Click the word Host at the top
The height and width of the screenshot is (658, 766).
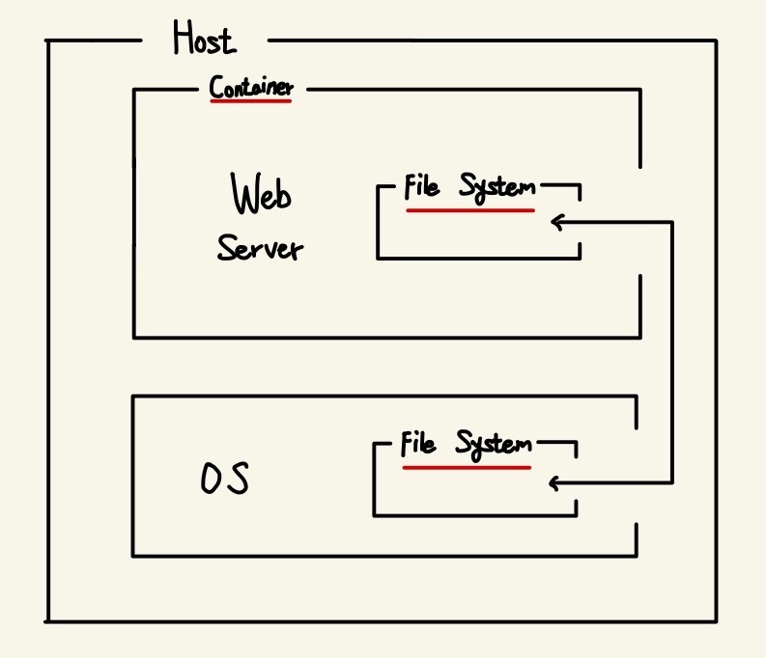(203, 39)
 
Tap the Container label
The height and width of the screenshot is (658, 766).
(251, 88)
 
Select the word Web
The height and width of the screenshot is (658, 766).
(262, 196)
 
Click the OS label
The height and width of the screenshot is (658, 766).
(224, 479)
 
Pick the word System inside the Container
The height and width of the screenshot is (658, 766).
(496, 187)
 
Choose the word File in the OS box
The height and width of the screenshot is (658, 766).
(417, 445)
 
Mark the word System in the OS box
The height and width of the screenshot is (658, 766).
(494, 446)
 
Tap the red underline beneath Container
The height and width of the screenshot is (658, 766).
(250, 100)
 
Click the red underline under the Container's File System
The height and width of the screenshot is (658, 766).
(470, 209)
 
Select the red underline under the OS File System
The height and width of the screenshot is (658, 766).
(467, 468)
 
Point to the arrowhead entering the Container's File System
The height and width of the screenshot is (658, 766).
(555, 223)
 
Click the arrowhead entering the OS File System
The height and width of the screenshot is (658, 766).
(553, 482)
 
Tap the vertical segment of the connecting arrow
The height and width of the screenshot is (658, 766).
(671, 352)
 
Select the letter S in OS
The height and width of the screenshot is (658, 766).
(238, 479)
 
